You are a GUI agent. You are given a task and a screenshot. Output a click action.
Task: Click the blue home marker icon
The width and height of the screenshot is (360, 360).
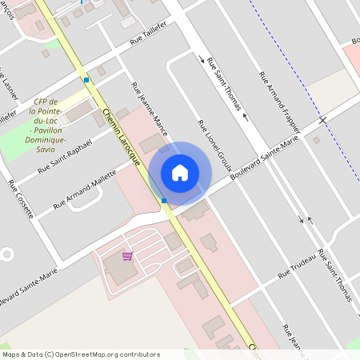pyautogui.click(x=180, y=172)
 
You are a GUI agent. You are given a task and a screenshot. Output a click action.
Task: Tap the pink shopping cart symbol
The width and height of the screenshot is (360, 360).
pyautogui.click(x=127, y=256)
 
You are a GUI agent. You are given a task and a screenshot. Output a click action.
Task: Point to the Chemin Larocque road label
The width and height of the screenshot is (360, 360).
pyautogui.click(x=122, y=137)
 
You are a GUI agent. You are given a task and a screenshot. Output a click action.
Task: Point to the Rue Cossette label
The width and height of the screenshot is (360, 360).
pyautogui.click(x=20, y=199)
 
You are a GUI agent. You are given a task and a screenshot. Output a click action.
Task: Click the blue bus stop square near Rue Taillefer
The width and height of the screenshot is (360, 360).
pyautogui.click(x=86, y=80)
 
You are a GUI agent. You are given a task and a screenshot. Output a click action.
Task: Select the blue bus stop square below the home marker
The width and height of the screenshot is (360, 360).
pyautogui.click(x=163, y=200)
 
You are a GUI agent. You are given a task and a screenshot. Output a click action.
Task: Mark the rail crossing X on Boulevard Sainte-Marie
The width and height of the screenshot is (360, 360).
pyautogui.click(x=323, y=120)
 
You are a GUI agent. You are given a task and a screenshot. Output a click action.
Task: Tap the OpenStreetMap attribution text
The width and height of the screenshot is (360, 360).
pyautogui.click(x=80, y=354)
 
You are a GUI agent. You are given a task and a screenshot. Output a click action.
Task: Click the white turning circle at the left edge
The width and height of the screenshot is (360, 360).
pyautogui.click(x=6, y=254)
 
